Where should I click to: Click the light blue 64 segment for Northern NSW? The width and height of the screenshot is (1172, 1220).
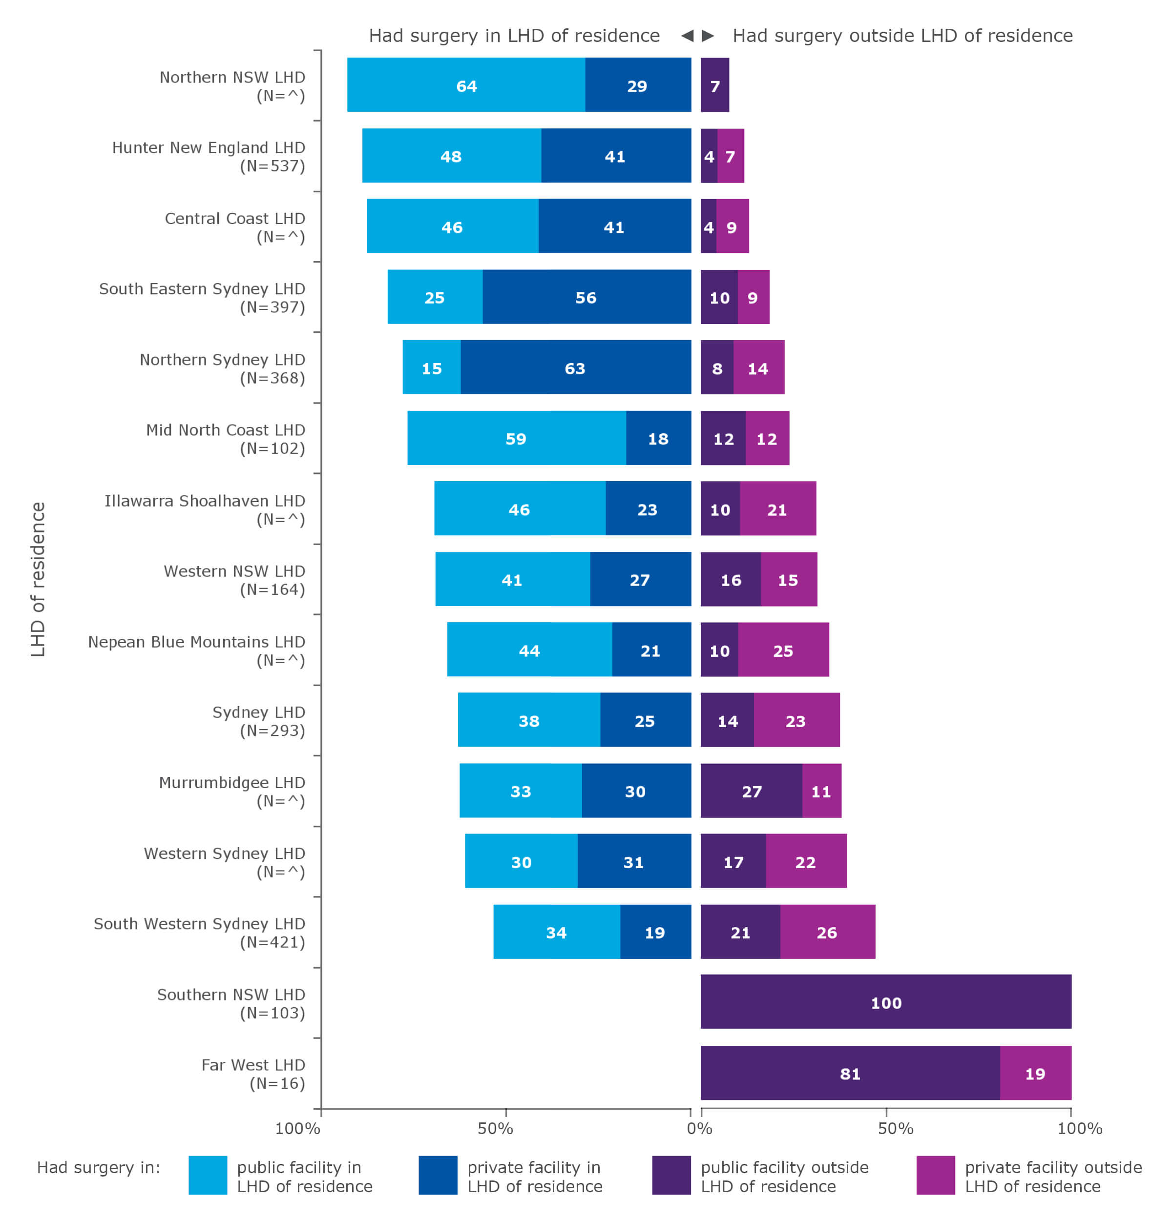[x=466, y=85]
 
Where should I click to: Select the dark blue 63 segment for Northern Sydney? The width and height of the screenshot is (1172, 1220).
[x=575, y=367]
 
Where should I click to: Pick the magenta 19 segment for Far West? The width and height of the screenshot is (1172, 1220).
[x=1034, y=1073]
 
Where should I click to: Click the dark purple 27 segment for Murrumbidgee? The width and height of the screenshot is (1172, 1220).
[x=751, y=791]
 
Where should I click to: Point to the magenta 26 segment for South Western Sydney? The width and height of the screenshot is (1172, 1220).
[x=826, y=932]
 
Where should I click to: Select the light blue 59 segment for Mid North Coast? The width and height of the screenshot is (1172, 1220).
[x=516, y=438]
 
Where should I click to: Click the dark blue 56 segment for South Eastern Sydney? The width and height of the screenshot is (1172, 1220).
[x=586, y=297]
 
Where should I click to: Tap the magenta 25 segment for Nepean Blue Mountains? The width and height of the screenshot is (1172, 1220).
[x=783, y=650]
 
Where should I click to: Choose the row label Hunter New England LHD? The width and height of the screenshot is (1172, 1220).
[x=208, y=156]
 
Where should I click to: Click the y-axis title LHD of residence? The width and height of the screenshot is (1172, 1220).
[x=38, y=579]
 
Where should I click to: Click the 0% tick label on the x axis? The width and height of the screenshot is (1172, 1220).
[x=699, y=1128]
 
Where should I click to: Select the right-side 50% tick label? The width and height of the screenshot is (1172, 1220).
[x=895, y=1128]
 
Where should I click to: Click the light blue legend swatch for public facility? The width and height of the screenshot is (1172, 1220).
[x=208, y=1175]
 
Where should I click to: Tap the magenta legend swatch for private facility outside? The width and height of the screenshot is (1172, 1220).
[x=935, y=1175]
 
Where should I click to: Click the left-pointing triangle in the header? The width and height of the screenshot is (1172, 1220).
[x=687, y=36]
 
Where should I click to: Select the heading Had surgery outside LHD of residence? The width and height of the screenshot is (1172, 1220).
[x=902, y=36]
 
